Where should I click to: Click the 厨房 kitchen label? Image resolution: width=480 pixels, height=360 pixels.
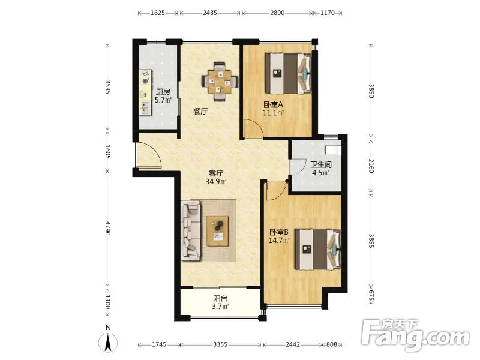pyautogui.click(x=163, y=92)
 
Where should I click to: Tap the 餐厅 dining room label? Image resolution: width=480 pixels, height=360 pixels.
pyautogui.click(x=200, y=112)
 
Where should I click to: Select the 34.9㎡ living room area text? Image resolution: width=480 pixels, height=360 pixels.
pyautogui.click(x=216, y=182)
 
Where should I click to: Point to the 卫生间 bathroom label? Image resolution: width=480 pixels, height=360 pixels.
pyautogui.click(x=321, y=164)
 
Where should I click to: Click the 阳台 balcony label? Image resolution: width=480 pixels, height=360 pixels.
pyautogui.click(x=220, y=298)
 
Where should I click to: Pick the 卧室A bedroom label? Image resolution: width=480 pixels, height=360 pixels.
pyautogui.click(x=274, y=104)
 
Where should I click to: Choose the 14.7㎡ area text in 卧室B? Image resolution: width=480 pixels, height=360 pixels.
pyautogui.click(x=279, y=241)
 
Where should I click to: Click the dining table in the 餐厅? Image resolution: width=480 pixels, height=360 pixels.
pyautogui.click(x=220, y=82)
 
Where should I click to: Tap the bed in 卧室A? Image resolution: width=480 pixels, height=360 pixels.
pyautogui.click(x=288, y=73)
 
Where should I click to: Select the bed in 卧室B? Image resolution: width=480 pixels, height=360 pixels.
pyautogui.click(x=318, y=250)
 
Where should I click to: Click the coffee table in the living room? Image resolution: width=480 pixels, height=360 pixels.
pyautogui.click(x=218, y=231)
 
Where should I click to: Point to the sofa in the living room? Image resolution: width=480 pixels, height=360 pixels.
pyautogui.click(x=191, y=230)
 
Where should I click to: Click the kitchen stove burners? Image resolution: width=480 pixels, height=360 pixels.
pyautogui.click(x=146, y=77)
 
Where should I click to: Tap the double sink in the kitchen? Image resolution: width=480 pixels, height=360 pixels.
pyautogui.click(x=145, y=107)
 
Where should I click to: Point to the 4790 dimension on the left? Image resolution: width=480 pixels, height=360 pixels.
pyautogui.click(x=107, y=228)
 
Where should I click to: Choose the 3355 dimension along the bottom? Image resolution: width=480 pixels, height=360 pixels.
pyautogui.click(x=220, y=344)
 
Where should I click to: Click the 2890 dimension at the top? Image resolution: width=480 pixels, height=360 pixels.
pyautogui.click(x=277, y=13)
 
